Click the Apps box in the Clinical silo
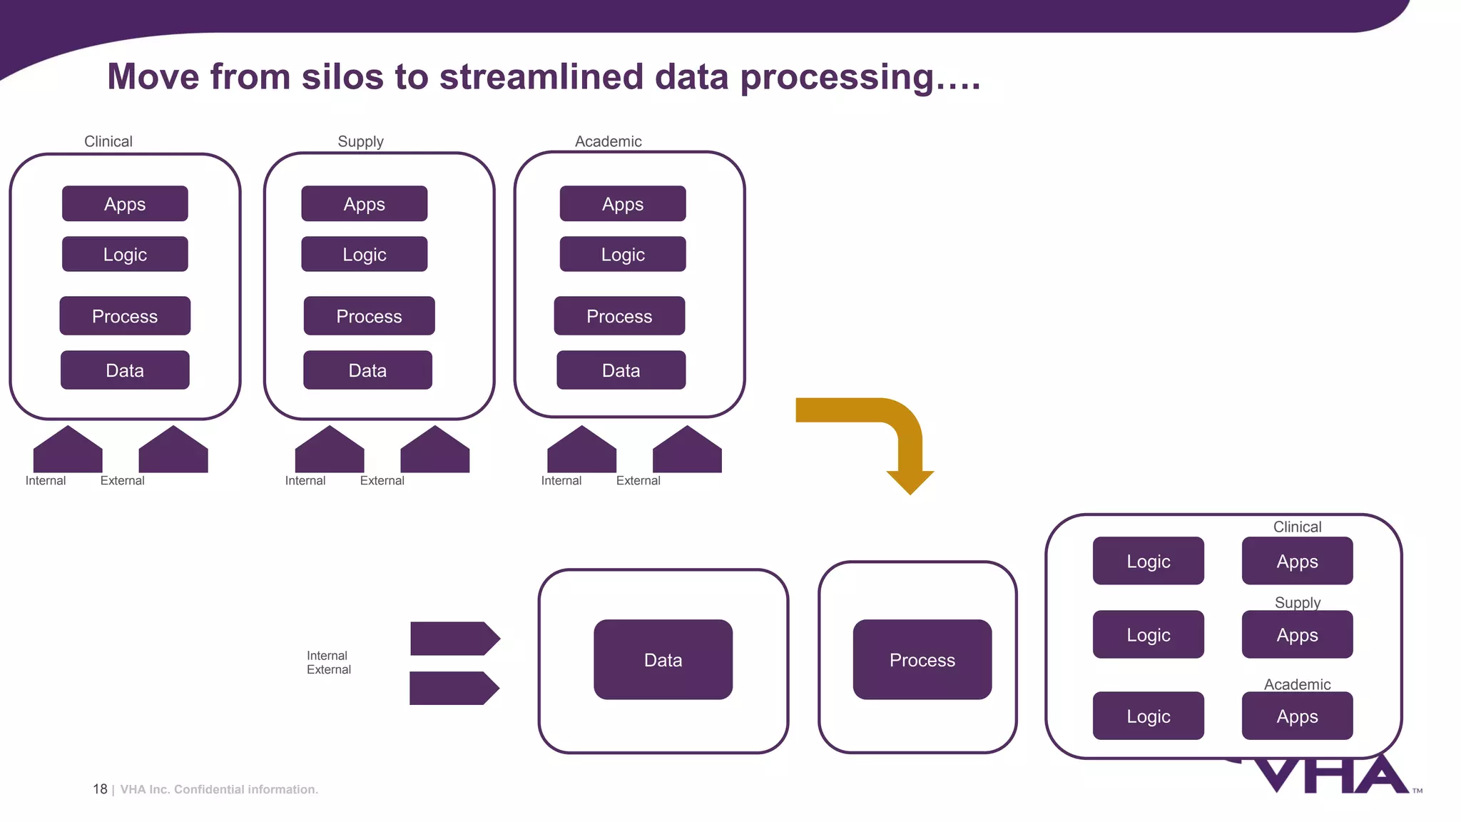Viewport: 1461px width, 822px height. pos(125,204)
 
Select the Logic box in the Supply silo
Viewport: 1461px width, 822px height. pos(364,255)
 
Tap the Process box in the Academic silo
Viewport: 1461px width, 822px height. pos(619,316)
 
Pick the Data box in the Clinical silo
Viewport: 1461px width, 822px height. pos(125,370)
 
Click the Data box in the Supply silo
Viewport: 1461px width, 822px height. pos(367,370)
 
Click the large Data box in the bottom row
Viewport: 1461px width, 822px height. pos(663,660)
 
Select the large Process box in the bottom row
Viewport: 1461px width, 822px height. pos(922,660)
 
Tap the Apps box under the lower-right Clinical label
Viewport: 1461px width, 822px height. pos(1297,562)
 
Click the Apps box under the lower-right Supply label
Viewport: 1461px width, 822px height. pos(1297,635)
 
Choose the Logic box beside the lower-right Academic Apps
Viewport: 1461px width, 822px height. pos(1148,716)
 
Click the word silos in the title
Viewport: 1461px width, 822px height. pos(342,76)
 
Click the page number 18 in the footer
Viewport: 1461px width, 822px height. pos(100,789)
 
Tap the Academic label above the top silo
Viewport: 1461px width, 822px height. pos(608,141)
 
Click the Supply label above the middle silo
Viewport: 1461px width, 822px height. pos(360,141)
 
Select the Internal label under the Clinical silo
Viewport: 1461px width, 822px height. pos(46,481)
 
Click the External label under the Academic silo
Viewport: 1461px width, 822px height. pos(638,481)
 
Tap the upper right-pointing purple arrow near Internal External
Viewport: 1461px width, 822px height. pos(454,639)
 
